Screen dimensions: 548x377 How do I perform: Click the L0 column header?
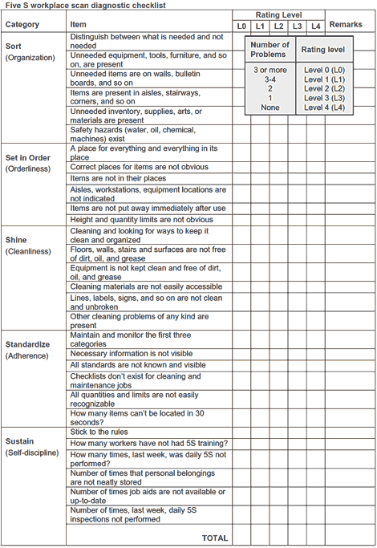[x=242, y=26]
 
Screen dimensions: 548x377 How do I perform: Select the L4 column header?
[x=316, y=26]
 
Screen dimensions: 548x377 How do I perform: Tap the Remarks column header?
[x=346, y=25]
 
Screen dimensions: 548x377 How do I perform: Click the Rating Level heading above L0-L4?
[x=279, y=15]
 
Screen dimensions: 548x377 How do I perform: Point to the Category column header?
[x=22, y=25]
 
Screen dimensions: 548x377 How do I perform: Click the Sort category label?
[x=14, y=46]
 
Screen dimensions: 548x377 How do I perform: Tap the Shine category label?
[x=16, y=240]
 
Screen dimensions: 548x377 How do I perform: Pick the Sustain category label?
[x=19, y=441]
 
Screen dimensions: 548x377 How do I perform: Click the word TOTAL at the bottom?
[x=214, y=538]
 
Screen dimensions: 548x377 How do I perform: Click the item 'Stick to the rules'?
[x=104, y=432]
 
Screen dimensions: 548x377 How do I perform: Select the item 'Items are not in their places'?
[x=118, y=178]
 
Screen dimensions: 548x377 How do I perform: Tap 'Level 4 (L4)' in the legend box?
[x=325, y=107]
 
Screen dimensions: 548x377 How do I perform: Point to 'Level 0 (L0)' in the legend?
[x=325, y=70]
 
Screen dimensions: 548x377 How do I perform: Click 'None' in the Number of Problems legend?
[x=270, y=107]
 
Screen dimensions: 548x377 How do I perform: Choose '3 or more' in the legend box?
[x=270, y=70]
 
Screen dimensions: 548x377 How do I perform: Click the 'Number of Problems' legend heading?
[x=270, y=50]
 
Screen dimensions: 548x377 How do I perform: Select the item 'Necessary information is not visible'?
[x=131, y=354]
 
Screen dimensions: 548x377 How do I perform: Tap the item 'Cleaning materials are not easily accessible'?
[x=146, y=286]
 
